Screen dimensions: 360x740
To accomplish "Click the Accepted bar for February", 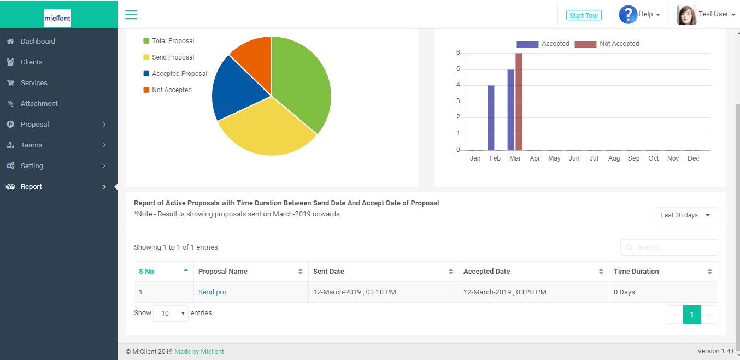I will click(x=491, y=117).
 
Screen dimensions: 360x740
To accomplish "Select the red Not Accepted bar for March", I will click(x=519, y=102).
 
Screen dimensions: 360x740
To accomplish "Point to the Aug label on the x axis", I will click(x=614, y=158).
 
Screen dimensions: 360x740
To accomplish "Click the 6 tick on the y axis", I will click(x=458, y=53).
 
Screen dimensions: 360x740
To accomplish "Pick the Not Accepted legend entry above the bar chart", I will click(x=607, y=44).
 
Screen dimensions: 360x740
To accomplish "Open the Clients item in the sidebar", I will click(x=31, y=62).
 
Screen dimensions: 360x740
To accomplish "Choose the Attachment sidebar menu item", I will click(x=39, y=104).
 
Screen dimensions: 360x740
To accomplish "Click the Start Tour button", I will click(x=584, y=15).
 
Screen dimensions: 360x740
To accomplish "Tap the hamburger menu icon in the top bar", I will click(x=131, y=15).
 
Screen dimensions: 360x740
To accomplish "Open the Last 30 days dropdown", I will click(x=686, y=215).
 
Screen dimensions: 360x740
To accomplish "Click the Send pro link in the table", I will click(x=212, y=292).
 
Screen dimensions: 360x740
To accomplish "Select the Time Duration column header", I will click(x=636, y=272).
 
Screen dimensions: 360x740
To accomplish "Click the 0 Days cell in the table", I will click(x=624, y=292).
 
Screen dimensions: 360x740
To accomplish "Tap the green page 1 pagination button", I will click(x=692, y=315).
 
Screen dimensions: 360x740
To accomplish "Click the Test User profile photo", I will click(x=686, y=15).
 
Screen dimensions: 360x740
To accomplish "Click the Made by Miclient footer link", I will click(x=199, y=352).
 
